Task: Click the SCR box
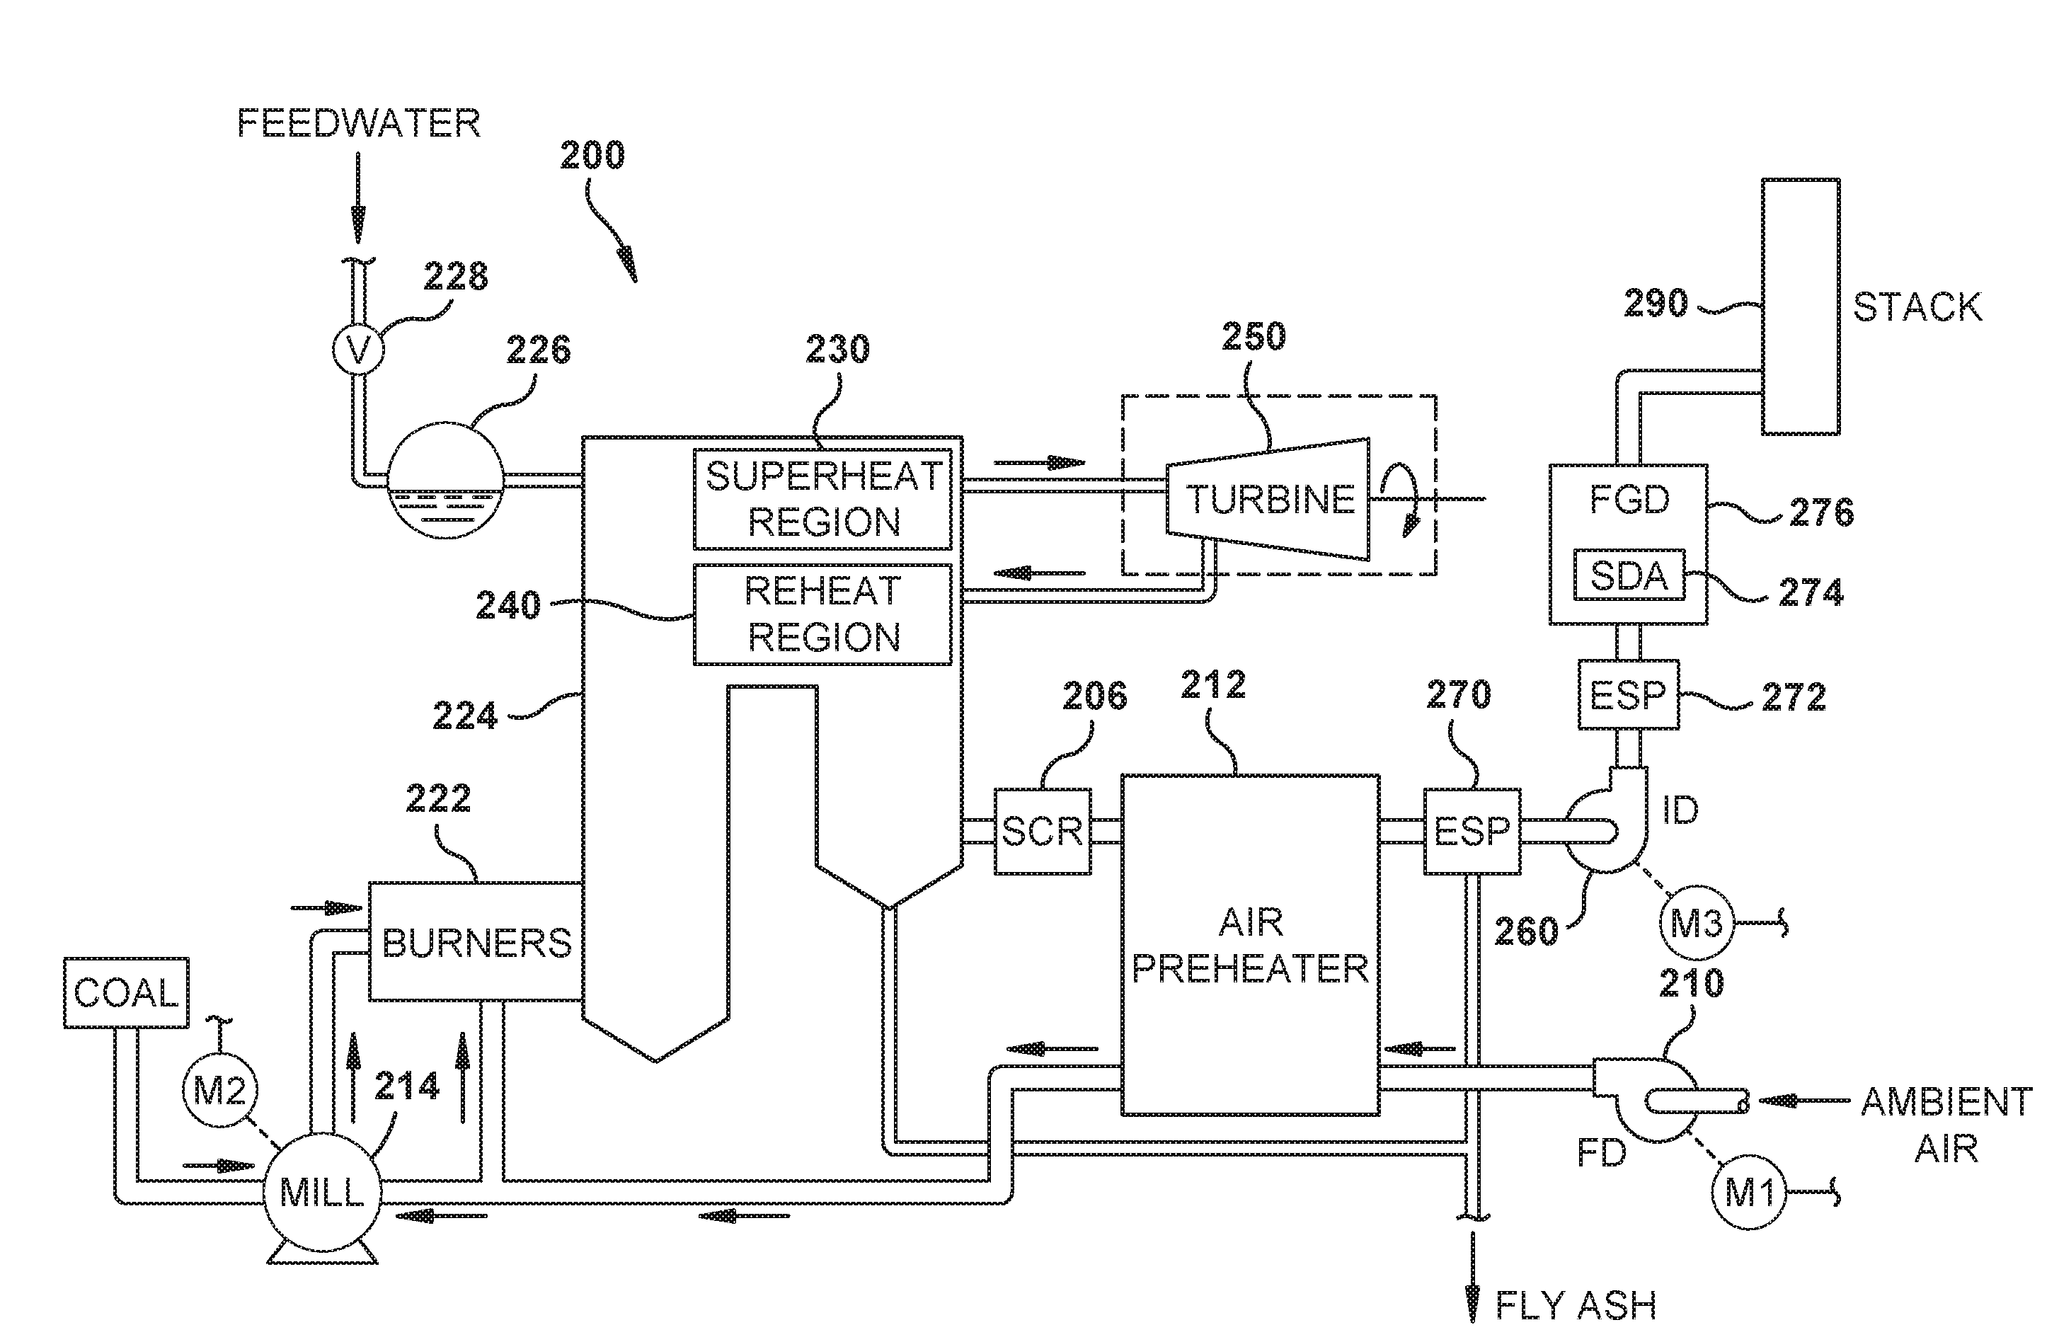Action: (x=1042, y=831)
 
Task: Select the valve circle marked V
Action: (x=357, y=350)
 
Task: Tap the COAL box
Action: (x=126, y=992)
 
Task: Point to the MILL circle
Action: (x=322, y=1193)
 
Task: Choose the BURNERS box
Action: (x=476, y=941)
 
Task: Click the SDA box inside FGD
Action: (x=1628, y=575)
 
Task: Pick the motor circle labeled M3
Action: (x=1696, y=924)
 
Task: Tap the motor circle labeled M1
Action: (x=1748, y=1193)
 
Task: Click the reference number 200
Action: (x=592, y=156)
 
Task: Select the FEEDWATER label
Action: (x=358, y=123)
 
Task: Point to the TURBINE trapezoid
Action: (x=1268, y=499)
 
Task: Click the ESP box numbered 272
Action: (x=1627, y=695)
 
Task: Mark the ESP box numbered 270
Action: (x=1472, y=831)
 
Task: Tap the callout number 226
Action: (x=538, y=350)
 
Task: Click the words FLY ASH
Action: (x=1575, y=1305)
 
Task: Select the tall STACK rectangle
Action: (x=1801, y=306)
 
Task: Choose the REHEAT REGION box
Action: (x=822, y=614)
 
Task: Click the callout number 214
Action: (x=406, y=1086)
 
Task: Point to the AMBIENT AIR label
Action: (x=1946, y=1124)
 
